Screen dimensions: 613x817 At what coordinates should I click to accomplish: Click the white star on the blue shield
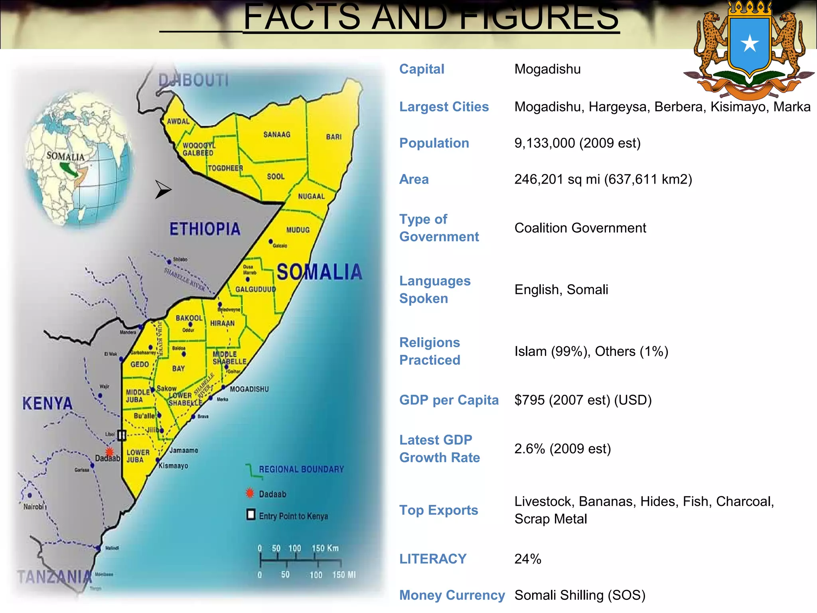click(750, 44)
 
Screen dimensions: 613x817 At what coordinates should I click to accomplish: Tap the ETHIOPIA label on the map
click(205, 229)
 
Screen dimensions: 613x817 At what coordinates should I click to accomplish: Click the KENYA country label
click(47, 403)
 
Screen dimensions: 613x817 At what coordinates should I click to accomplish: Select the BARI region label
click(334, 137)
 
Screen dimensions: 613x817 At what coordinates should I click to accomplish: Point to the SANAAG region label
click(277, 134)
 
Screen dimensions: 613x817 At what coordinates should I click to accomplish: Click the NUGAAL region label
click(311, 196)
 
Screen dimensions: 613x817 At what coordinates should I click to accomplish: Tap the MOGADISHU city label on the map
click(249, 389)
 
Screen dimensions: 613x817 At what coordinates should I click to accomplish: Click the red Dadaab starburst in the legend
click(250, 493)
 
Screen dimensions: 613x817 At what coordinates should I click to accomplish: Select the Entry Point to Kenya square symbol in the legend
click(251, 515)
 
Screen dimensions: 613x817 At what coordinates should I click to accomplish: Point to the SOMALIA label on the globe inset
click(65, 156)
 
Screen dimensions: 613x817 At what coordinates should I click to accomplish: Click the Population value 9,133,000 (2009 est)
click(577, 143)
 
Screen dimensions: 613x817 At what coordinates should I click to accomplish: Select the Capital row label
click(422, 69)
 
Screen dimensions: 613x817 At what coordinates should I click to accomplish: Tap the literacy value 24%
click(528, 559)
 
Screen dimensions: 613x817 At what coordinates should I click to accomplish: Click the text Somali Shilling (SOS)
click(580, 595)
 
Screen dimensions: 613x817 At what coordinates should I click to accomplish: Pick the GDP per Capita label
click(449, 400)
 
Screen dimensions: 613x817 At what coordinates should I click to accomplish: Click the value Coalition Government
click(580, 228)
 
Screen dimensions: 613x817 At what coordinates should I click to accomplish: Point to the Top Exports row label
click(438, 510)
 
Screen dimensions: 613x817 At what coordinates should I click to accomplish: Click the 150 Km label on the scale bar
click(325, 548)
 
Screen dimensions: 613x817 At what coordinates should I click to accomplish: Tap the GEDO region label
click(140, 364)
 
